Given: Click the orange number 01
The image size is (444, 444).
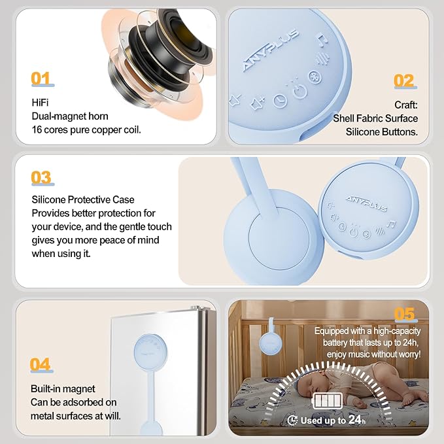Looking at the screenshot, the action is coord(41,78).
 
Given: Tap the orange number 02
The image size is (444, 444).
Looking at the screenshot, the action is coord(403,80).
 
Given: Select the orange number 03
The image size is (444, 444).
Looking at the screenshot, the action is coord(41,177).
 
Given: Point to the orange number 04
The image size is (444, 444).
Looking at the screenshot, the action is coord(40,364).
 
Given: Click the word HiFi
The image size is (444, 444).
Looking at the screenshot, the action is coord(40,103).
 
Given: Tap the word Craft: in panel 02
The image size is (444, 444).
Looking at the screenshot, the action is coord(406,105).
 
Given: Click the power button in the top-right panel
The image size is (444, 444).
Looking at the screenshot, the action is coord(299,92).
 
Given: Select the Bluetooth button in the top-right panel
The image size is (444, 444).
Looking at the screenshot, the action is coord(315,77).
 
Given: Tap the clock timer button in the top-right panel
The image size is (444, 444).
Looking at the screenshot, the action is coord(280,101).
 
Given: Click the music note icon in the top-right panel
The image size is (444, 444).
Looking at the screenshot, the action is coord(323,40).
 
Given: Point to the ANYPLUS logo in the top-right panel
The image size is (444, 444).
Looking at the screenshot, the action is coord(271,50).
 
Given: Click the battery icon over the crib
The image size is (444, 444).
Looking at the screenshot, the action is coord(327,401).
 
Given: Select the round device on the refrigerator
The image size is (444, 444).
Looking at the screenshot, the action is coord(150,351).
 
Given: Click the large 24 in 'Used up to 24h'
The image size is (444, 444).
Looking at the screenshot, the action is coord(355,419).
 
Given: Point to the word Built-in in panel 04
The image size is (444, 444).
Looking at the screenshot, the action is coord(46,389).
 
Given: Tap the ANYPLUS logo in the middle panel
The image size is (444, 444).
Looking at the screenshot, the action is coord(366,203).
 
